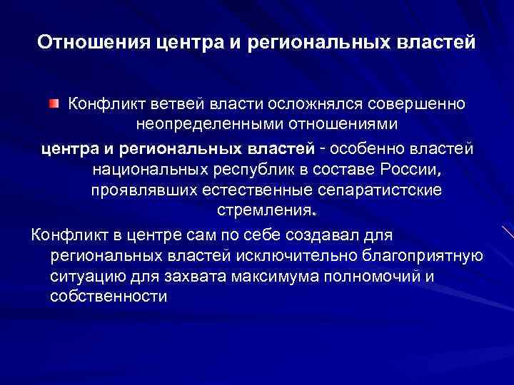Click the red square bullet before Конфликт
pos(54,105)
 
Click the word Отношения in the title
pos(91,42)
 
